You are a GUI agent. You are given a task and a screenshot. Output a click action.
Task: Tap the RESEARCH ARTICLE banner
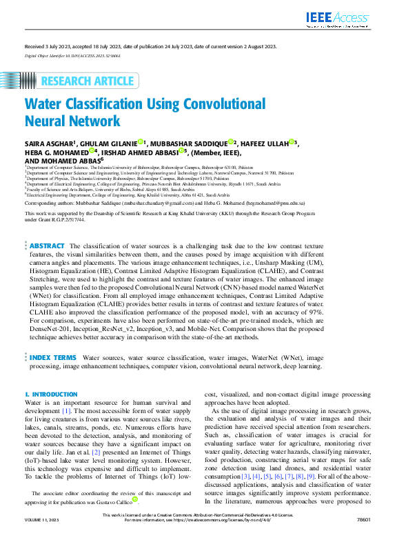point(77,81)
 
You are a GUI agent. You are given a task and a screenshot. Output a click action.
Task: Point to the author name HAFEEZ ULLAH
point(265,143)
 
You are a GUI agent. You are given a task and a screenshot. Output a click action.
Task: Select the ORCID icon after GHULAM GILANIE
point(139,142)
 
